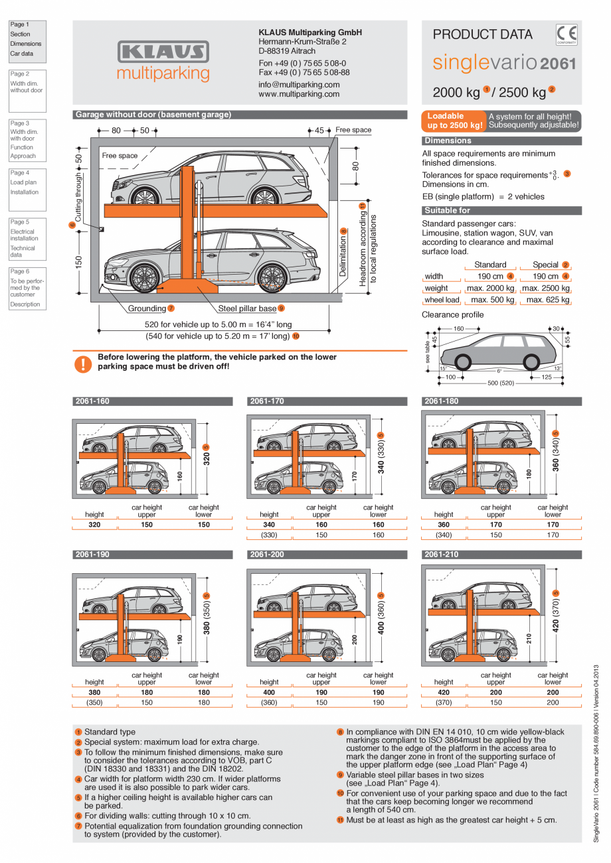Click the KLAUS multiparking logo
(x=163, y=61)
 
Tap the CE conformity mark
(x=567, y=34)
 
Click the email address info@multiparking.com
(x=298, y=85)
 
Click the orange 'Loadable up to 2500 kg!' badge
(x=454, y=121)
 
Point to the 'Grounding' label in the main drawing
(x=147, y=308)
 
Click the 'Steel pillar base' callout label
(x=247, y=308)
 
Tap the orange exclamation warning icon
(x=83, y=364)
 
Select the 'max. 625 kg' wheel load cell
(x=545, y=300)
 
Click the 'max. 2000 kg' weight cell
(x=490, y=288)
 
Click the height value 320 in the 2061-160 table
(x=94, y=525)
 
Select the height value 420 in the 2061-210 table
(x=444, y=692)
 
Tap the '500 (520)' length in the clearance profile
(x=501, y=383)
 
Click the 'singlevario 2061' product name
(x=504, y=64)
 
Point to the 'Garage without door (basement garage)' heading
(x=153, y=115)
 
